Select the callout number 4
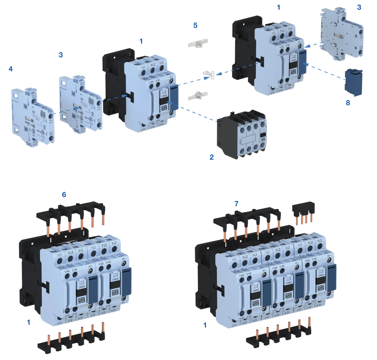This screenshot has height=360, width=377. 10,69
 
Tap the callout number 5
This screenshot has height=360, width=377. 195,25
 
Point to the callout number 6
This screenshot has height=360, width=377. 64,195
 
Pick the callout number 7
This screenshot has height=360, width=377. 236,204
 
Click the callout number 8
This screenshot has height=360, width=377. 347,103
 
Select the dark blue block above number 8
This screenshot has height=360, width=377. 353,82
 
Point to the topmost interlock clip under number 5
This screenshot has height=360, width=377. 197,44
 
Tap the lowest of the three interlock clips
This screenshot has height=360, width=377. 196,95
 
